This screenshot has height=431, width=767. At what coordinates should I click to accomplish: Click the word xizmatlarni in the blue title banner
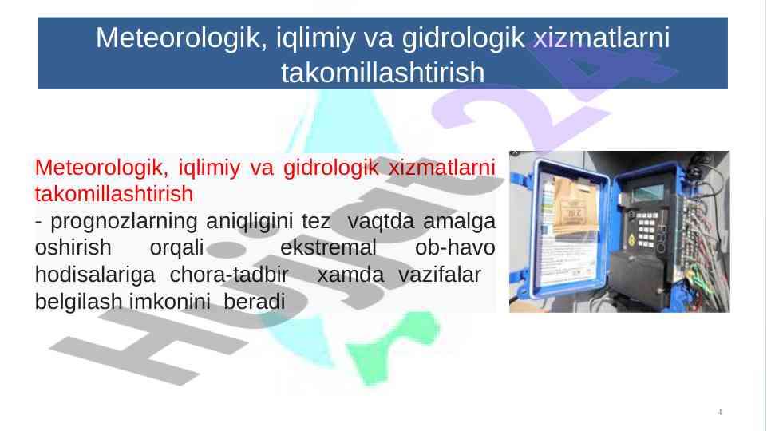point(601,38)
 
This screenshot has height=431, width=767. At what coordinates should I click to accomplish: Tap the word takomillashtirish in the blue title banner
point(382,73)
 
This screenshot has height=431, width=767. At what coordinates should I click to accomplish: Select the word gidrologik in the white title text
point(463,39)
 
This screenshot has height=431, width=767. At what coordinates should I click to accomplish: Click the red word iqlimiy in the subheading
point(209,168)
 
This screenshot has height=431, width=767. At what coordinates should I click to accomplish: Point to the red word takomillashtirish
point(114,194)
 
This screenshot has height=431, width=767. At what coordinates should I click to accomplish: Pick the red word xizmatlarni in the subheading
point(441,168)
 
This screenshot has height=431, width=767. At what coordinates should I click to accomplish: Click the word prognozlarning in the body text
point(124,222)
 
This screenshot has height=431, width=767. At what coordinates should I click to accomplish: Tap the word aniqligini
point(250,222)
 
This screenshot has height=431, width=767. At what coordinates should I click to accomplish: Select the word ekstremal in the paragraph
point(328,247)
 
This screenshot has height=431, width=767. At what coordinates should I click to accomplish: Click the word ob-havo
point(455,247)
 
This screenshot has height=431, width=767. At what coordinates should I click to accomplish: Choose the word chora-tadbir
point(229,275)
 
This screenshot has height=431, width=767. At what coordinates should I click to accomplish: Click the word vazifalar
point(439,275)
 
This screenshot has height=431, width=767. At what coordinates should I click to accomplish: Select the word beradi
point(255,302)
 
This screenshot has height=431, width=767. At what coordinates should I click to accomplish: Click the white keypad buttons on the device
point(646,229)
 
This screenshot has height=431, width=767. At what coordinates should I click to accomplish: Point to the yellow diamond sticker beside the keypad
point(631,240)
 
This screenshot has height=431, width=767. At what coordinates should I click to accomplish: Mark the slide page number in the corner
point(719,412)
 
